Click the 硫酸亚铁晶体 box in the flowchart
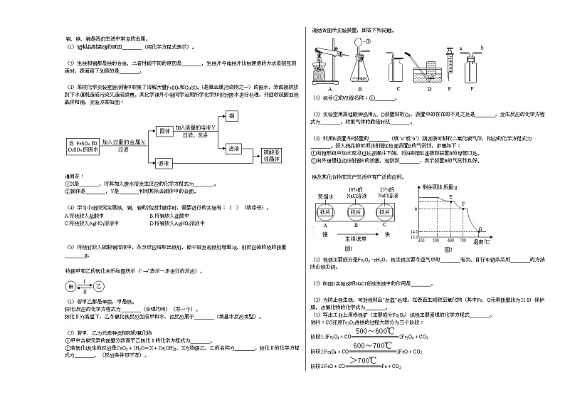click(x=269, y=156)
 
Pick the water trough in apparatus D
click(x=428, y=71)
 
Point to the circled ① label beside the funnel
click(x=369, y=41)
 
